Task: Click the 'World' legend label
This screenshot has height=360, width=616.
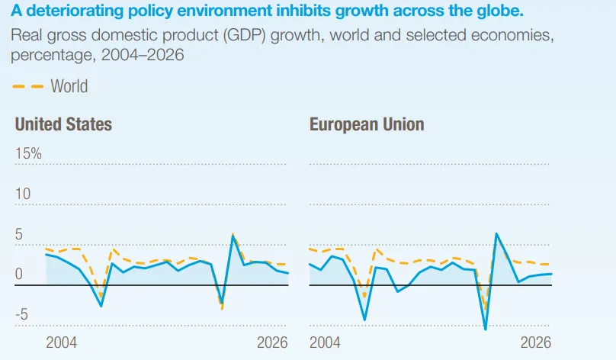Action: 69,86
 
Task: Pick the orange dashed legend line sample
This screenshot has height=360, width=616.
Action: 28,86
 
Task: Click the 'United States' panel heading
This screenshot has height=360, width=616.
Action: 63,124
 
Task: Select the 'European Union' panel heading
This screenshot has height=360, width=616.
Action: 367,124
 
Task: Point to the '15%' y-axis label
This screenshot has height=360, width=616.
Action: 28,153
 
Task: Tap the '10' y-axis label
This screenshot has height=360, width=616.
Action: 23,194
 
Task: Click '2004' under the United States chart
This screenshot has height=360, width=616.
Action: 61,342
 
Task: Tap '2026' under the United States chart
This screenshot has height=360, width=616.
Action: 272,342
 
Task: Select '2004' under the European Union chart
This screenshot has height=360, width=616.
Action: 325,342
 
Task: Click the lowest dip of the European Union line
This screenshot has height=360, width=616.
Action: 486,329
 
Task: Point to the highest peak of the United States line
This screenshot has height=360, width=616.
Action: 233,236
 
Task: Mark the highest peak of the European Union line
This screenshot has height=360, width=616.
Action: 496,233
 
